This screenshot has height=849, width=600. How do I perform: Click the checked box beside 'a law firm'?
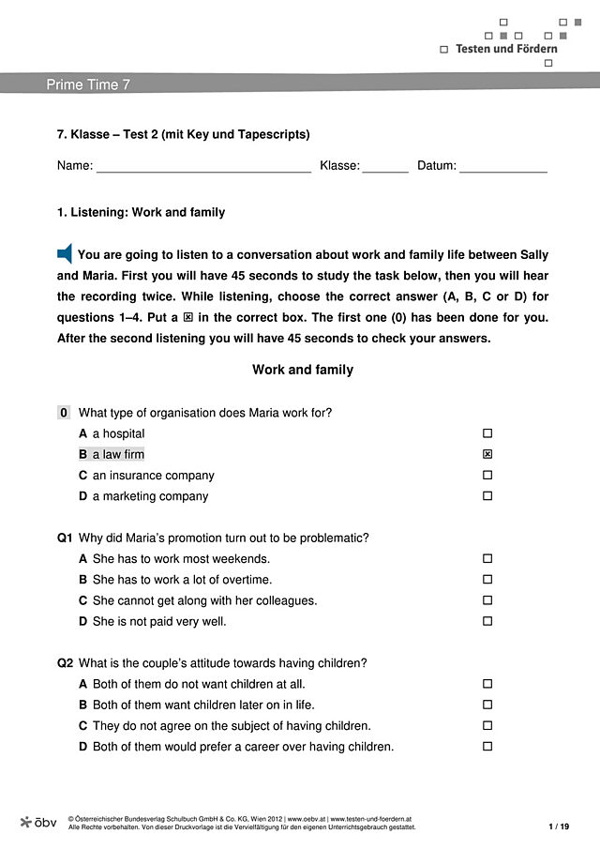(487, 455)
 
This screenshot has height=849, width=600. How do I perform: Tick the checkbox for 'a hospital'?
(487, 434)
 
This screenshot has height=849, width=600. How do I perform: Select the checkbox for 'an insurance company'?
(487, 476)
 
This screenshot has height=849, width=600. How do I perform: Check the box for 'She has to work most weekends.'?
(487, 559)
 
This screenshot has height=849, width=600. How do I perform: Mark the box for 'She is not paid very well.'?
(487, 621)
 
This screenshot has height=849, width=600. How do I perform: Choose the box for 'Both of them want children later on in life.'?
(487, 705)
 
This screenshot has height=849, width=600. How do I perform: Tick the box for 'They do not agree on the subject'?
(487, 725)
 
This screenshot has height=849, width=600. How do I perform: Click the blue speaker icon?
(65, 253)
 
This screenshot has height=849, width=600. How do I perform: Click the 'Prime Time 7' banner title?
(88, 84)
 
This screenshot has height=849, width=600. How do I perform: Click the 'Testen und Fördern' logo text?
(506, 49)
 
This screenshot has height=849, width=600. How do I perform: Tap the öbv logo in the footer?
(38, 822)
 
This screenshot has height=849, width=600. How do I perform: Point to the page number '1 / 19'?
(559, 826)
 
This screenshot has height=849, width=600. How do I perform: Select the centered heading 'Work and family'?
(303, 370)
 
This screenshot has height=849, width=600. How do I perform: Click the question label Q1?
(65, 538)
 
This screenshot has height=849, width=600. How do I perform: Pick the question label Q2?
(65, 663)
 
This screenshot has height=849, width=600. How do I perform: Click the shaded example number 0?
(64, 413)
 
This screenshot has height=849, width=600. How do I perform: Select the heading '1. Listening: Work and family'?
(142, 213)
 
